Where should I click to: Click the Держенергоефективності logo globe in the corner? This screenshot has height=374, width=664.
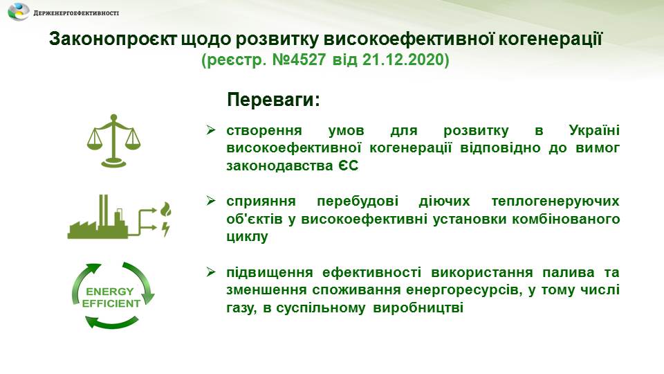click(19, 12)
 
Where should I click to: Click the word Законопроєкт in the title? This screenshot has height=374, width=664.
click(113, 39)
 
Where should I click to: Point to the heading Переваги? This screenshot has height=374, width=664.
click(274, 100)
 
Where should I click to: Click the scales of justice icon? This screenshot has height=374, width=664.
click(113, 141)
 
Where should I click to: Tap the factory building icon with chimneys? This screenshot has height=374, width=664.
click(98, 217)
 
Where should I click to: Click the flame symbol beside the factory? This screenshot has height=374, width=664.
click(165, 209)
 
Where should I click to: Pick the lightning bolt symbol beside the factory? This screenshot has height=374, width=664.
click(165, 229)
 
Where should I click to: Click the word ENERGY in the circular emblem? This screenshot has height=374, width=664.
click(110, 292)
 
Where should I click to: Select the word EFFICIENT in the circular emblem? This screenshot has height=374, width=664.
click(111, 303)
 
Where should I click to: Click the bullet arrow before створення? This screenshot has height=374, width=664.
click(211, 130)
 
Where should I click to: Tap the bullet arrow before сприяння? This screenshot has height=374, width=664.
click(211, 201)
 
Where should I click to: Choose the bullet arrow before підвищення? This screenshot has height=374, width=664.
click(211, 271)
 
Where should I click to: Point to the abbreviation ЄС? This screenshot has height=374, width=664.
click(348, 166)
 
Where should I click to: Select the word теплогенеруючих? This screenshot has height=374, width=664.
click(555, 201)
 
